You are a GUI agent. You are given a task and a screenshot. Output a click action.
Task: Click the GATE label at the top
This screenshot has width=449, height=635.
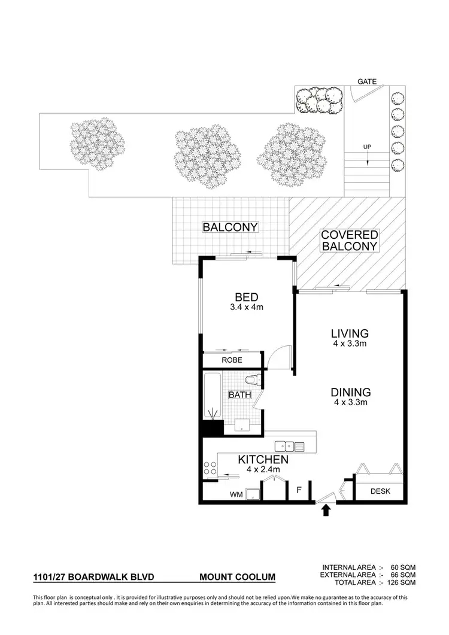pos(366,80)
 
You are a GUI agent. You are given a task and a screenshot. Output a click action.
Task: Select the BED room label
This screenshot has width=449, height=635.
pos(246,297)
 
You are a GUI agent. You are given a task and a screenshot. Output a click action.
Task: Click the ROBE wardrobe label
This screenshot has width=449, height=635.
pos(232,361)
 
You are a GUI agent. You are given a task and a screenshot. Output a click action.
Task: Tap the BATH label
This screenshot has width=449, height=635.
pos(239,395)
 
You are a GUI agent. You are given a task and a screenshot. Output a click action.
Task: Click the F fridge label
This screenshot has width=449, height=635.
pos(298,491)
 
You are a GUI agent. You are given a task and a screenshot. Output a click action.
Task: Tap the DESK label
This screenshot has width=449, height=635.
pos(380,491)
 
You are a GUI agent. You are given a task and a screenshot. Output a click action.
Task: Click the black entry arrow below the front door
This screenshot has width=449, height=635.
pos(326,510)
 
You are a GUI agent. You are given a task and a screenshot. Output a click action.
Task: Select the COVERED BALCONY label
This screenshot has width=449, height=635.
pos(350,241)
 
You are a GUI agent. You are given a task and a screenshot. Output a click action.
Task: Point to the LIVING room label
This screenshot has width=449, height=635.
pos(350,333)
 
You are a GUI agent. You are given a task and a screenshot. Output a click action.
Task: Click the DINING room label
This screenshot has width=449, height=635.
pos(351,393)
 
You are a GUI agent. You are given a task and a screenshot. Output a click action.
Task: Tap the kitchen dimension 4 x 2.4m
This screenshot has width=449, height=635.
pos(263,470)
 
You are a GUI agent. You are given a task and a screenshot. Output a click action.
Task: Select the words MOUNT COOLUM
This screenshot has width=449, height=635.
pos(238,578)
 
